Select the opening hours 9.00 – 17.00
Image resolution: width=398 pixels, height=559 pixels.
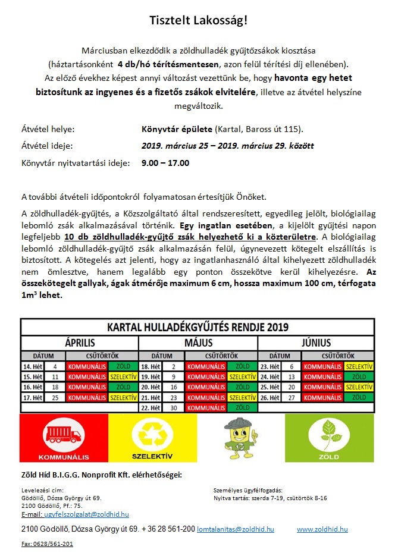click(x=165, y=162)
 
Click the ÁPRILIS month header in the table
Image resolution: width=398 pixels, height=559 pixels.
click(x=80, y=343)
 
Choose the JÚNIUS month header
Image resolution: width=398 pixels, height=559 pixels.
click(x=316, y=343)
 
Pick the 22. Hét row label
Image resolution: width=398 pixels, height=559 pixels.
click(x=151, y=407)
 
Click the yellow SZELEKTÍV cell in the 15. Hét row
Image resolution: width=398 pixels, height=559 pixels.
click(x=124, y=377)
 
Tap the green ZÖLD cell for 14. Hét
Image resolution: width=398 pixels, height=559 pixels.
click(x=124, y=366)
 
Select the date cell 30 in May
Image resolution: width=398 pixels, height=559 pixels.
click(x=173, y=407)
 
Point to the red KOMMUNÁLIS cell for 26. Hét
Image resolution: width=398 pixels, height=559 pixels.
click(x=322, y=397)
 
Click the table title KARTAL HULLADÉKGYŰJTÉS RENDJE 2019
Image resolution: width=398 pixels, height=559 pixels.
click(x=198, y=328)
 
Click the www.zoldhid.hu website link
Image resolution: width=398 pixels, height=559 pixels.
click(x=322, y=529)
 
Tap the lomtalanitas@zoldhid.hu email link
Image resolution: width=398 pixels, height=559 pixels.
click(x=236, y=529)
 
